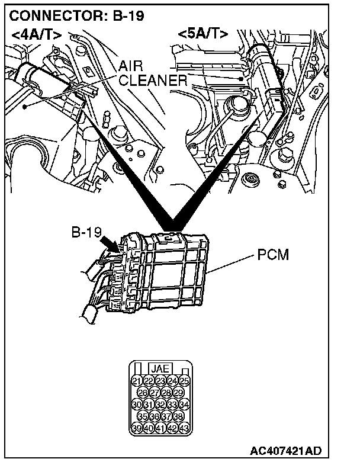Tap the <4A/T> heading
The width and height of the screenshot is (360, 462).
click(36, 34)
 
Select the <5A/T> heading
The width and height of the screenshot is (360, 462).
click(202, 34)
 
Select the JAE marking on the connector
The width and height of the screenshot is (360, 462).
click(160, 368)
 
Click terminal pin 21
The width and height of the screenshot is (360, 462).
click(136, 380)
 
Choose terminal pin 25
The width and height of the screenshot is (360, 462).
click(185, 380)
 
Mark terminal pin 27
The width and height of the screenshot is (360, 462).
click(154, 392)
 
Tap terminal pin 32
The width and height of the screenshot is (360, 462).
click(160, 405)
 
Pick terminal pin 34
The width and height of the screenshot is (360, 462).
click(185, 405)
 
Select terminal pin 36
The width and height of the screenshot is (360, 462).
click(154, 416)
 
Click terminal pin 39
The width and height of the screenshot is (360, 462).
click(136, 428)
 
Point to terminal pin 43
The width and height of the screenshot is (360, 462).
click(185, 428)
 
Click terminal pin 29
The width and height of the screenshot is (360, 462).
click(178, 392)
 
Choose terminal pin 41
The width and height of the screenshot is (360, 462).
click(160, 428)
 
